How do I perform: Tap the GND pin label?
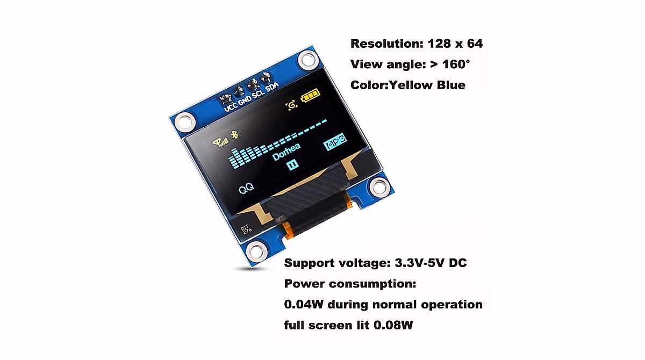pyautogui.click(x=245, y=100)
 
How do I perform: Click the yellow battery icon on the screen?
pyautogui.click(x=310, y=98)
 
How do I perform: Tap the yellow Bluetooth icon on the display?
pyautogui.click(x=234, y=134)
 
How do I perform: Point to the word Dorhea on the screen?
pyautogui.click(x=286, y=153)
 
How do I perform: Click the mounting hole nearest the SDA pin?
pyautogui.click(x=307, y=59)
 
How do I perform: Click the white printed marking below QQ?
pyautogui.click(x=246, y=229)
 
